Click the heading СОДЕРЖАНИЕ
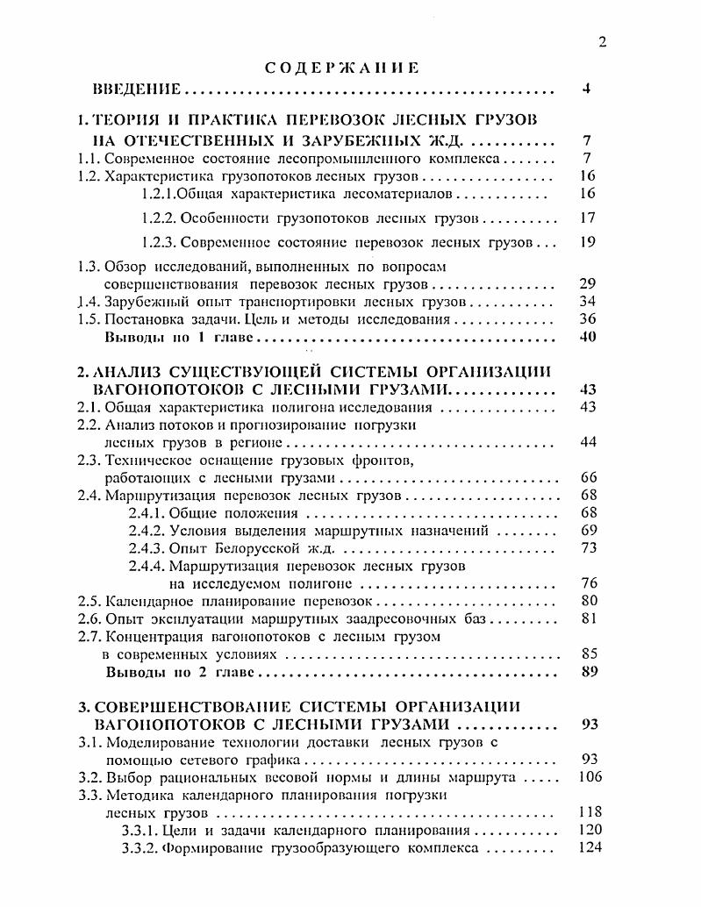click(342, 68)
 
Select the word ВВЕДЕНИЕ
click(137, 89)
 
